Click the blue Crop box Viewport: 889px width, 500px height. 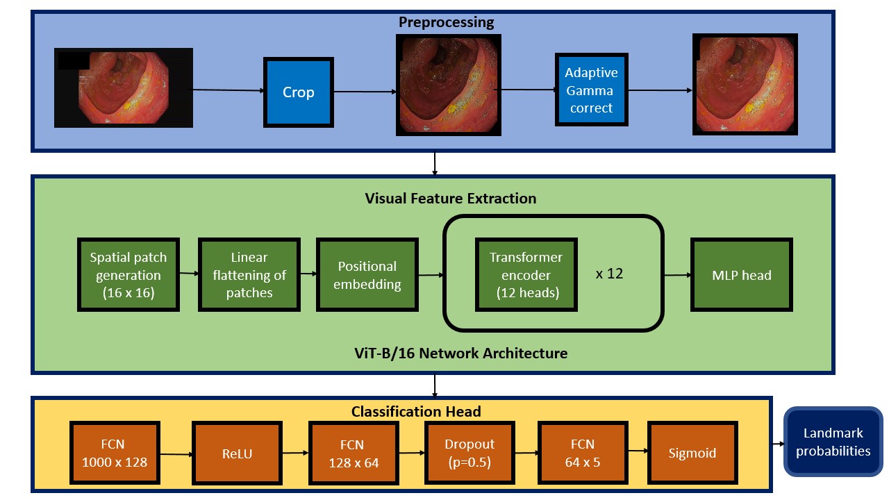(x=298, y=92)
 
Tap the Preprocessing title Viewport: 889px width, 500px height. (x=446, y=22)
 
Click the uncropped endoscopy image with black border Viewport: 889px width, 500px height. (x=124, y=87)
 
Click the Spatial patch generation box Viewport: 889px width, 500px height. (x=128, y=275)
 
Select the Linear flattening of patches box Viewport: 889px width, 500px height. (x=249, y=275)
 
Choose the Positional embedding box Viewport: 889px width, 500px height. (x=367, y=275)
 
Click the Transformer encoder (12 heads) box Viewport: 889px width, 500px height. (x=526, y=275)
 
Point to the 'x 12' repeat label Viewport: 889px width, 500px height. (x=609, y=274)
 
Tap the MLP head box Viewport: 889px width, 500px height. (x=742, y=275)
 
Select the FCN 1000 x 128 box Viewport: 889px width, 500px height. (x=115, y=453)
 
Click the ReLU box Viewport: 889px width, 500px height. (x=237, y=454)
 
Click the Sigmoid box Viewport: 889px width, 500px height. (x=691, y=453)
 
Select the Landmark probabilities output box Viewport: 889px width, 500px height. (x=833, y=442)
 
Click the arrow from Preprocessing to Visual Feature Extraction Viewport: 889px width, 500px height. (x=435, y=163)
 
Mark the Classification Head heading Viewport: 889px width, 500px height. (x=416, y=412)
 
